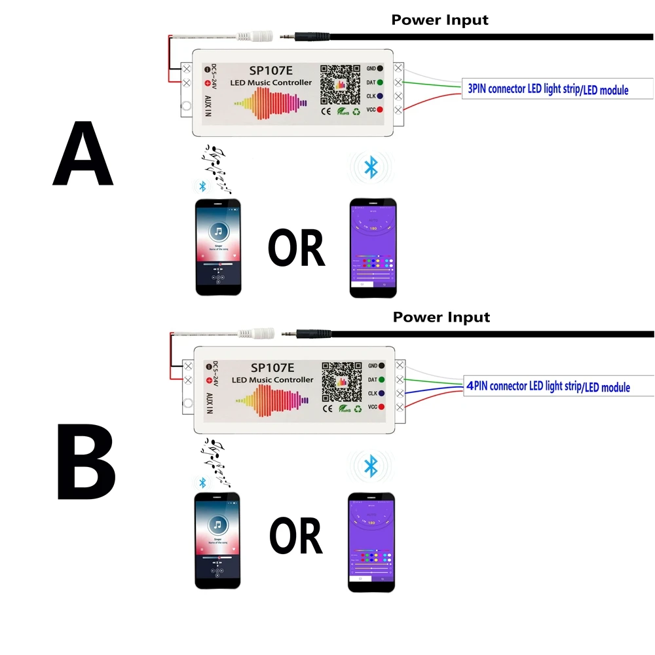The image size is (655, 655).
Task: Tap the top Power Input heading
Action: [x=440, y=20]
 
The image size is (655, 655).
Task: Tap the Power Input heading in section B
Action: [x=441, y=318]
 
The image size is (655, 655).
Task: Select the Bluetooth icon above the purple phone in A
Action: [x=371, y=167]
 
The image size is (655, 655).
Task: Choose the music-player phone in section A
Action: [x=218, y=246]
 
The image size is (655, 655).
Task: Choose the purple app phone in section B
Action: [x=371, y=542]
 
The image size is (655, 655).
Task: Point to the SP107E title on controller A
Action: [x=271, y=69]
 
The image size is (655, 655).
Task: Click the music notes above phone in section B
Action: [x=217, y=459]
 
